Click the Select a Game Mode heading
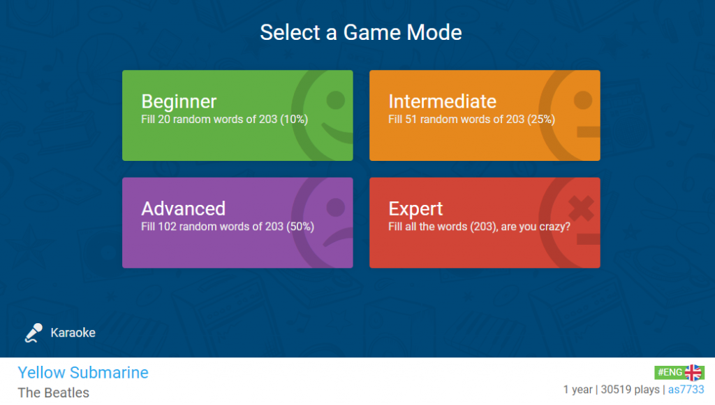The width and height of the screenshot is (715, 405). (361, 32)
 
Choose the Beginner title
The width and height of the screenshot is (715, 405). (179, 101)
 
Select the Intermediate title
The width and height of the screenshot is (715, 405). (442, 101)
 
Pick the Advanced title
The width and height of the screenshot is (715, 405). (184, 208)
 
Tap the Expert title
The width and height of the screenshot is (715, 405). (415, 209)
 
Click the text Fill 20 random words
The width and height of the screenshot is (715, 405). (192, 119)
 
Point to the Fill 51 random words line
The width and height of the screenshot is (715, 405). (471, 119)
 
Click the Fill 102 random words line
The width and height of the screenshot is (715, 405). (228, 227)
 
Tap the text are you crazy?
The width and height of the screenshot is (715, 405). (536, 227)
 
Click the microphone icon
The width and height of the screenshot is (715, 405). (34, 333)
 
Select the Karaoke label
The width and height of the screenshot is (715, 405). (73, 332)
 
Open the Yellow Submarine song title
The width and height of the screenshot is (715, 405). (83, 373)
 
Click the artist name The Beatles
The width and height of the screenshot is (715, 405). (53, 392)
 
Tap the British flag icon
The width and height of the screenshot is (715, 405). (693, 373)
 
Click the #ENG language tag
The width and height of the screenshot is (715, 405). (670, 373)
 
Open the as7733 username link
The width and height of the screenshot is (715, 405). (686, 390)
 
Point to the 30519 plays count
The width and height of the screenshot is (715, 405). (630, 390)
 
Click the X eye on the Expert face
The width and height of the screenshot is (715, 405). (581, 208)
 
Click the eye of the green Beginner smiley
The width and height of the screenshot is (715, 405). (336, 100)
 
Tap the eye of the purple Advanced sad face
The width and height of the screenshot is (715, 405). (336, 207)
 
